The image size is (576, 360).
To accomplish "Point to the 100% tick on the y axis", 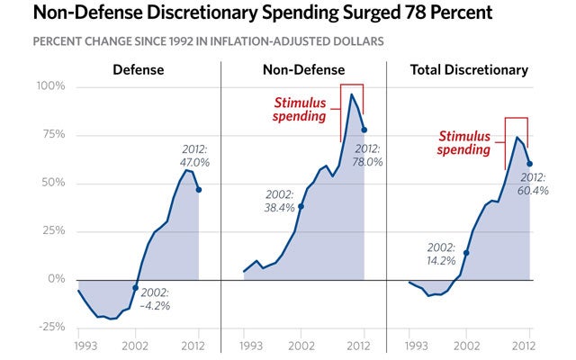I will [50, 86].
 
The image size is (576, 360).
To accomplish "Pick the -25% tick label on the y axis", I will [50, 327].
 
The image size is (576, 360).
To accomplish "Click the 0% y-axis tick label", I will [56, 279].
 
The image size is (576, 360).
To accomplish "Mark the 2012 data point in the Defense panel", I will [198, 190].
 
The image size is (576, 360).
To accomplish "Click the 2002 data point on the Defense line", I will [135, 288].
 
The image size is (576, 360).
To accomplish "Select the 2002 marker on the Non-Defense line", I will [301, 206].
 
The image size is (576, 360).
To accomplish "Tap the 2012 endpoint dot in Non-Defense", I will [364, 130].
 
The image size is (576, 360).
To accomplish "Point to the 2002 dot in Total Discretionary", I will [466, 253].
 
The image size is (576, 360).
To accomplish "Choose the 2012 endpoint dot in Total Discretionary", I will [529, 164].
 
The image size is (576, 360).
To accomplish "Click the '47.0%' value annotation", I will [195, 163].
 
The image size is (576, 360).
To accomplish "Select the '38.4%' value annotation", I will [280, 208].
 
